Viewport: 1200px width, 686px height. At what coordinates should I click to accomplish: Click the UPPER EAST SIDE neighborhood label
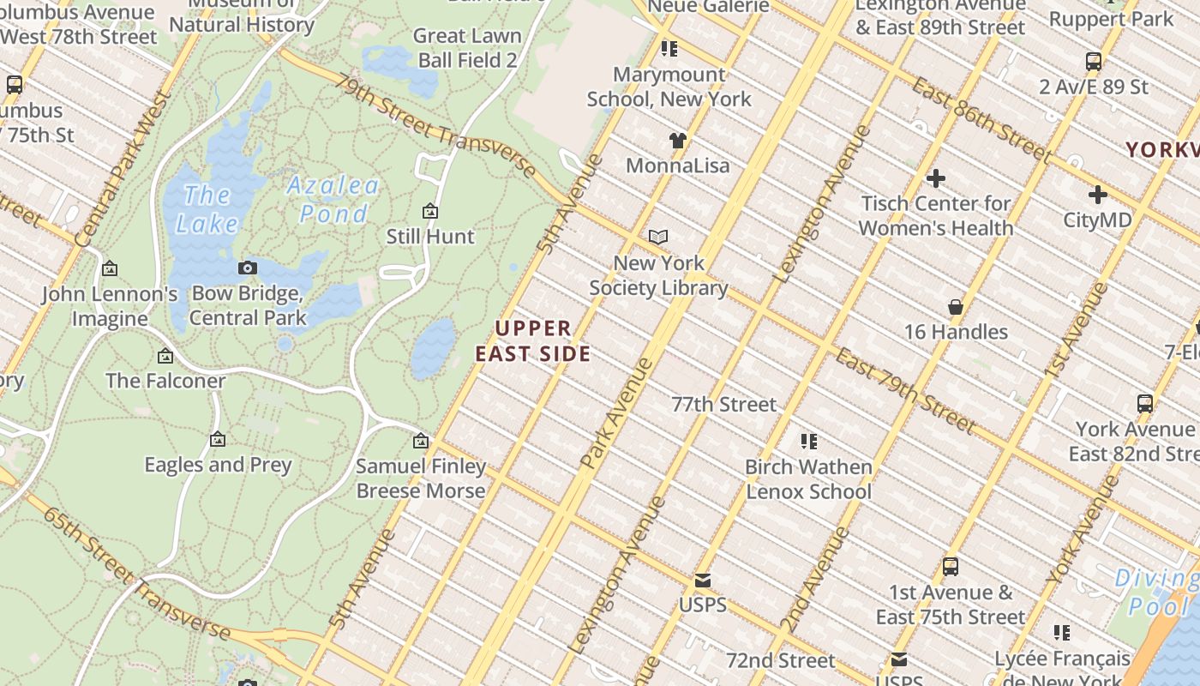pyautogui.click(x=532, y=340)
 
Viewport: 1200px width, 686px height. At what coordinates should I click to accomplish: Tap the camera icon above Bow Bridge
pyautogui.click(x=248, y=268)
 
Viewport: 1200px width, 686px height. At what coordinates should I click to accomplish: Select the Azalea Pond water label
pyautogui.click(x=333, y=199)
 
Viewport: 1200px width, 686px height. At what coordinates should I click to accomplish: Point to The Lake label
pyautogui.click(x=207, y=209)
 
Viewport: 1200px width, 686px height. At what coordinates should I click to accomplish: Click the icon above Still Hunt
pyautogui.click(x=430, y=211)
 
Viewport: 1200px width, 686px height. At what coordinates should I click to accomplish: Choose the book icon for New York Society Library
pyautogui.click(x=658, y=237)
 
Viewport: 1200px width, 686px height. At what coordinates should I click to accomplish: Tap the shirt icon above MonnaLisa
pyautogui.click(x=678, y=140)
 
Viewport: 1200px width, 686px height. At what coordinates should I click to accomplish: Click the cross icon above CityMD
pyautogui.click(x=1097, y=195)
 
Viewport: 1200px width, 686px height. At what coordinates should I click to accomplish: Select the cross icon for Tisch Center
pyautogui.click(x=936, y=178)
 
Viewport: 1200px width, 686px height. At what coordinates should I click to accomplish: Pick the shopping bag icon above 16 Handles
pyautogui.click(x=956, y=307)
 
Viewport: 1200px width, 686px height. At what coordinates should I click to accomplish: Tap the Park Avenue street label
pyautogui.click(x=617, y=413)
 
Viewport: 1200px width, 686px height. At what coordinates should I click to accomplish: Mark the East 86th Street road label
pyautogui.click(x=981, y=119)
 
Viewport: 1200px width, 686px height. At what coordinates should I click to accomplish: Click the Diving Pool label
pyautogui.click(x=1157, y=592)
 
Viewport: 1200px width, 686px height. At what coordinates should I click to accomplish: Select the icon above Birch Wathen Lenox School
pyautogui.click(x=808, y=442)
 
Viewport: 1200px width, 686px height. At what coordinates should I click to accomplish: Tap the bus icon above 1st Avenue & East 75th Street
pyautogui.click(x=950, y=566)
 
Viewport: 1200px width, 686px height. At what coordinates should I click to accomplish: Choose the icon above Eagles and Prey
pyautogui.click(x=218, y=439)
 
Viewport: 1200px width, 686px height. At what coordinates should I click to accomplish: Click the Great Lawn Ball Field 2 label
pyautogui.click(x=467, y=47)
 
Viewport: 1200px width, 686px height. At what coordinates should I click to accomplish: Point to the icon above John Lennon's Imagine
pyautogui.click(x=110, y=269)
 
